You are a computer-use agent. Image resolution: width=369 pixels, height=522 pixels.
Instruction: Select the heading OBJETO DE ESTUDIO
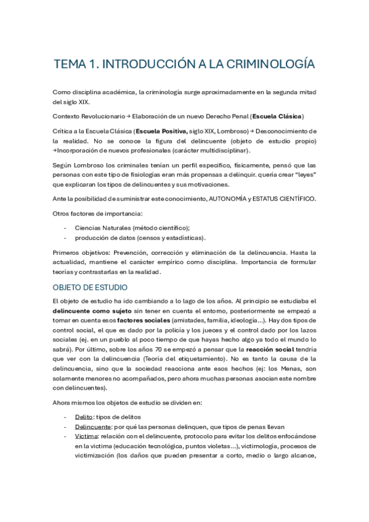coord(90,287)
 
